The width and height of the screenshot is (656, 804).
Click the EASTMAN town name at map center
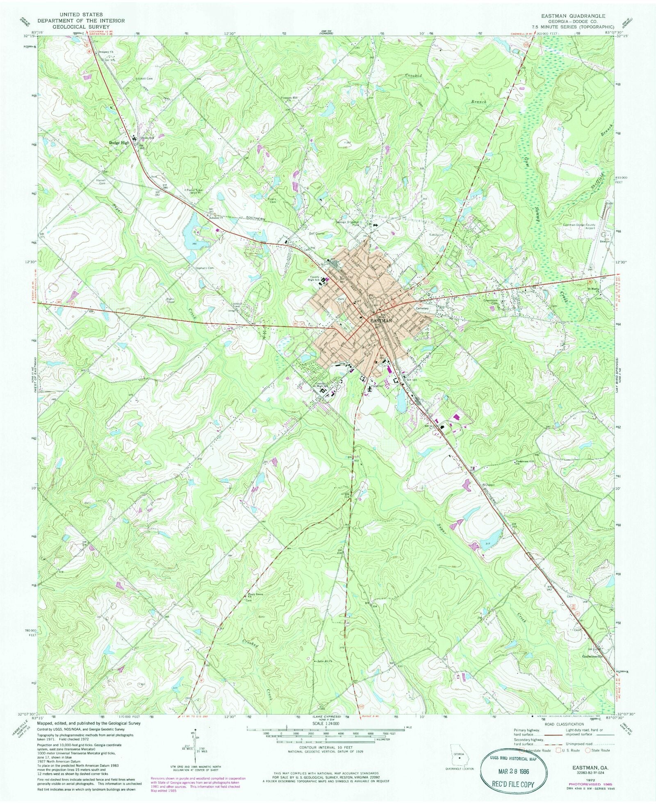(381, 320)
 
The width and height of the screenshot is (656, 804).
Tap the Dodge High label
(119, 143)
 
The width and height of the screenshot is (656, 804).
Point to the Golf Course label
(317, 233)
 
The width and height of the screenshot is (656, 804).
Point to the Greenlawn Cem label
(492, 301)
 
